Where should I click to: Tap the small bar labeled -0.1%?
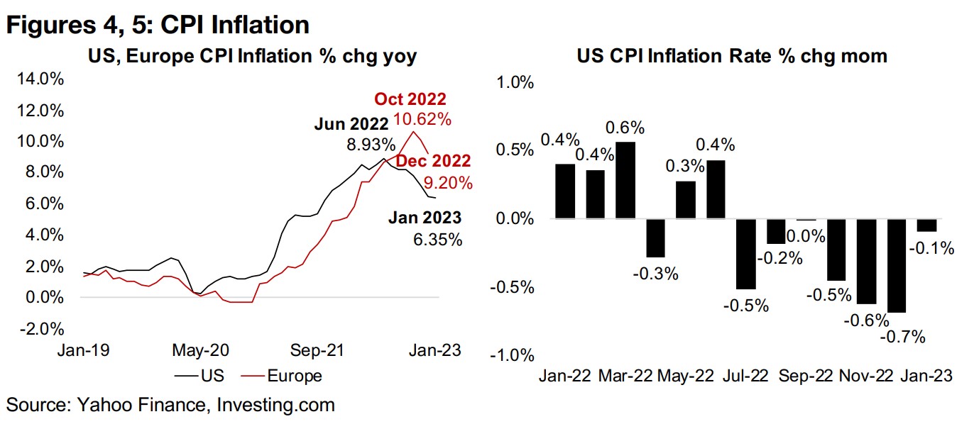click(x=926, y=225)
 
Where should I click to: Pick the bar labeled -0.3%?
click(x=655, y=238)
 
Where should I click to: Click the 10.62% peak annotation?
click(x=424, y=119)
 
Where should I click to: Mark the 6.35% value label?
click(x=437, y=240)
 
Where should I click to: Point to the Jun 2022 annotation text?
click(x=351, y=125)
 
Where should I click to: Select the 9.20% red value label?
click(x=447, y=184)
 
